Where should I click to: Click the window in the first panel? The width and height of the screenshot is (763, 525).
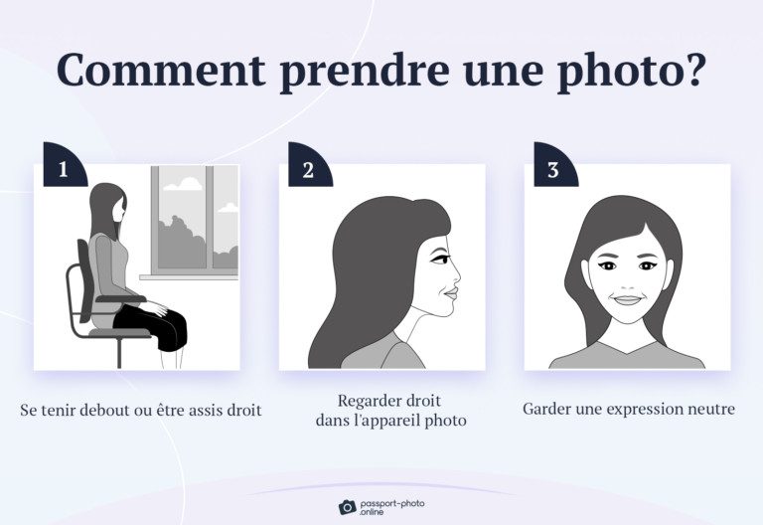[x=195, y=221]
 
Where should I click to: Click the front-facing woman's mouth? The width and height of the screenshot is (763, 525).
[x=626, y=299]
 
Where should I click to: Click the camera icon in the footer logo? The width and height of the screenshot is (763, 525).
[x=347, y=506]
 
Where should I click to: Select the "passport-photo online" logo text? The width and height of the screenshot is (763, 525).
[x=393, y=506]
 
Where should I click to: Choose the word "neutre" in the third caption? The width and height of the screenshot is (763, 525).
[x=709, y=410]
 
